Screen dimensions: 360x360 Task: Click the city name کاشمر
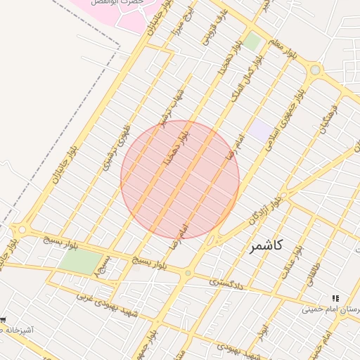click(266, 245)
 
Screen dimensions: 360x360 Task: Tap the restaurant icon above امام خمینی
click(335, 298)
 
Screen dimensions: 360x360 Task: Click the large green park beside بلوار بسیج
click(81, 262)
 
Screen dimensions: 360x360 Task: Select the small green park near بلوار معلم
click(252, 42)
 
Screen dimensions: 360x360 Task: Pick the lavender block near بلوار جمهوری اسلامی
click(259, 129)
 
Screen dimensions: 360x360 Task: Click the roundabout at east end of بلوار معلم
click(314, 70)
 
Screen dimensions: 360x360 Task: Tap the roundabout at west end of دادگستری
click(187, 273)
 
